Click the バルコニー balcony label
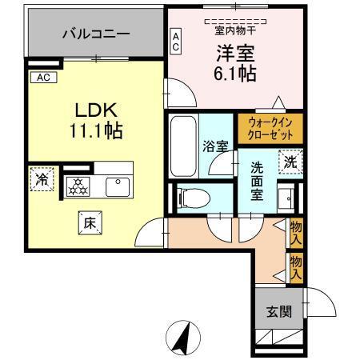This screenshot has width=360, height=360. [95, 35]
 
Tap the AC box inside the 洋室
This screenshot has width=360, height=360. [176, 42]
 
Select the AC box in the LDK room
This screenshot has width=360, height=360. [42, 78]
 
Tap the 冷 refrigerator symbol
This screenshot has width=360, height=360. [39, 179]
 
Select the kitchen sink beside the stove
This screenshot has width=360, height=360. [118, 186]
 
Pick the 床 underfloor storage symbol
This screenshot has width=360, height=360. [90, 224]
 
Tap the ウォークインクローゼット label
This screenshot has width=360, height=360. [270, 128]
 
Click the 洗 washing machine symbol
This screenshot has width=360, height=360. [292, 161]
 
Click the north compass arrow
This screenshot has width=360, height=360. [182, 336]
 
